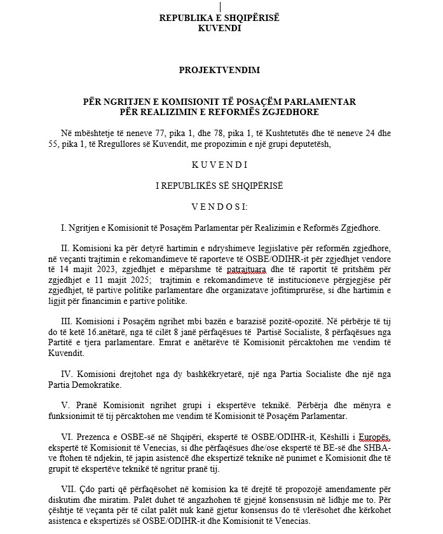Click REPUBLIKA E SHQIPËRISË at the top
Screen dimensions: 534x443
[x=219, y=18]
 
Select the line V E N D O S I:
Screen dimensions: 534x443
[x=219, y=206]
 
